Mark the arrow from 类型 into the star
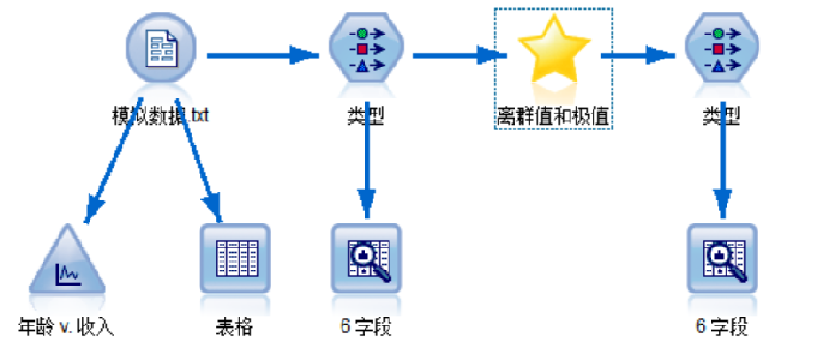tap(456, 55)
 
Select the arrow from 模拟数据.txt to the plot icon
tap(113, 160)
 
